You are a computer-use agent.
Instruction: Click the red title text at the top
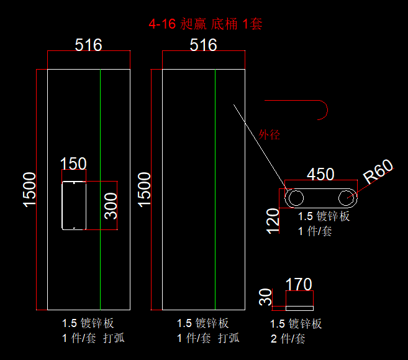[x=206, y=24]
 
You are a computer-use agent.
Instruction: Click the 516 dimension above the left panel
[x=88, y=45]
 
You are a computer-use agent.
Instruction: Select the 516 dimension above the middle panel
[x=203, y=45]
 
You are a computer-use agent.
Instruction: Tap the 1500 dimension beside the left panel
[x=29, y=190]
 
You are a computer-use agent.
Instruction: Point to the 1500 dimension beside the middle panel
[x=144, y=190]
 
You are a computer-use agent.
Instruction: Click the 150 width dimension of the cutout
[x=73, y=164]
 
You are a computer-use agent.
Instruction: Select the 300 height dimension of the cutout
[x=111, y=206]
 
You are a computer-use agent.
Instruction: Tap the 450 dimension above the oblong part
[x=320, y=174]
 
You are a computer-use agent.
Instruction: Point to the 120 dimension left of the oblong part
[x=273, y=221]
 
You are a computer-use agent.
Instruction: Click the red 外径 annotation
[x=269, y=135]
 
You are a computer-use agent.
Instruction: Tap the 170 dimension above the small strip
[x=299, y=284]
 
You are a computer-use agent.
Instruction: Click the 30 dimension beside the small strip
[x=265, y=297]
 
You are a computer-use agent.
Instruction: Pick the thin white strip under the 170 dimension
[x=299, y=308]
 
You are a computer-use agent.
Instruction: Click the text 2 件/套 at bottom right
[x=288, y=339]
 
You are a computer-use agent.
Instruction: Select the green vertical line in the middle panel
[x=215, y=190]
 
